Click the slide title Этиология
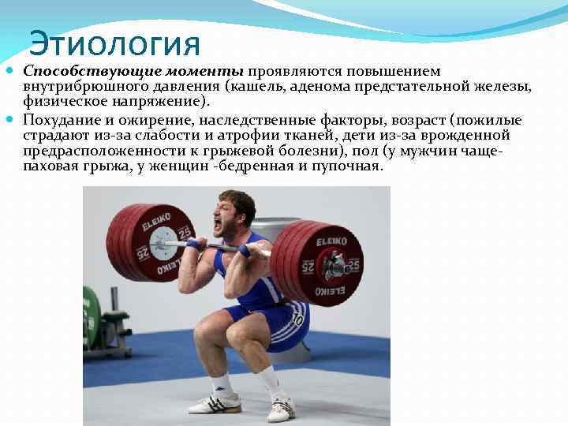click(x=114, y=43)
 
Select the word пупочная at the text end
click(x=350, y=166)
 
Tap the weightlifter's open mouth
click(x=218, y=225)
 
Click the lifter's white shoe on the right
click(x=281, y=407)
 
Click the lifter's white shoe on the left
click(x=215, y=403)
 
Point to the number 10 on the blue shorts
click(x=297, y=319)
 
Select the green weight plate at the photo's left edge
click(x=91, y=316)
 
